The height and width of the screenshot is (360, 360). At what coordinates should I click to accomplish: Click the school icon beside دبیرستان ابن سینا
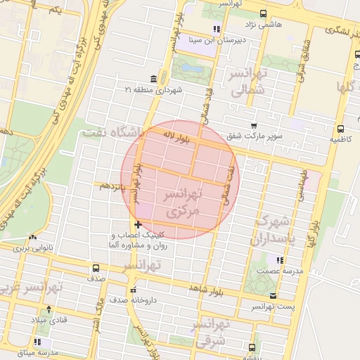coord(217,29)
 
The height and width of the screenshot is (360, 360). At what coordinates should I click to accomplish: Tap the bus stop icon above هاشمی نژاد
coord(263,13)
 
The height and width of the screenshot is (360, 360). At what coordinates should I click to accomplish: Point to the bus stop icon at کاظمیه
coord(340,129)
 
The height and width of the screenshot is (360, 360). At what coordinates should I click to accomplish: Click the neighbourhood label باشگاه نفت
coord(112,131)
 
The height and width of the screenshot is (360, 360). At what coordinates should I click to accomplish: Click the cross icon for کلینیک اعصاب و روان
coord(138,224)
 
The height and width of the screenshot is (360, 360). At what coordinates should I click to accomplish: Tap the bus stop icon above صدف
coord(96,268)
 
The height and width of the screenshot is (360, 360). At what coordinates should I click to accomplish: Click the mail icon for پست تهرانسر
coord(273,296)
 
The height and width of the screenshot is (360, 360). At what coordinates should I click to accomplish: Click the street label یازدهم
coord(112,185)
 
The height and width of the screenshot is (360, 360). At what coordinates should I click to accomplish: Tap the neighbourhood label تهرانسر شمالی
coord(245,82)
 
